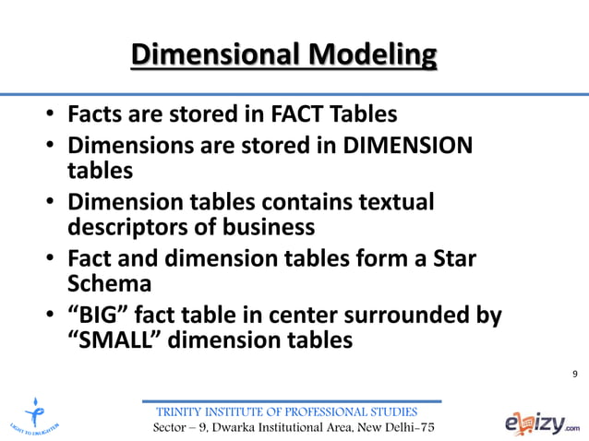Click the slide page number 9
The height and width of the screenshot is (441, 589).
click(x=574, y=373)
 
